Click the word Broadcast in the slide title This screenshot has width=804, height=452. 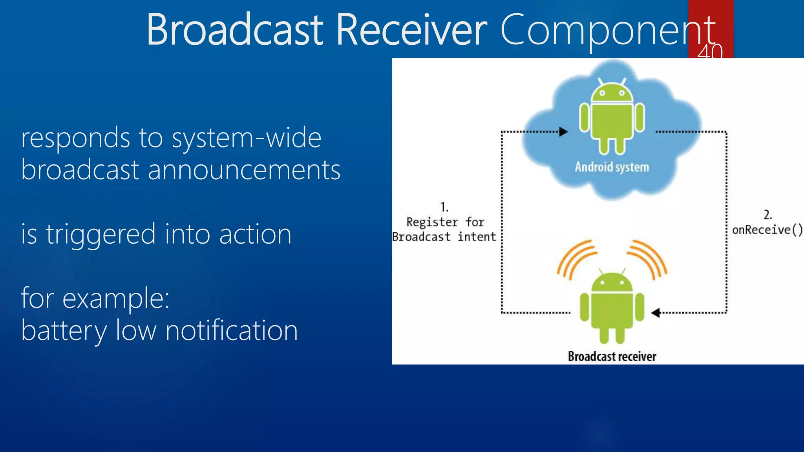pyautogui.click(x=235, y=30)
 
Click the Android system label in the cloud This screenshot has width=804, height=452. pyautogui.click(x=612, y=167)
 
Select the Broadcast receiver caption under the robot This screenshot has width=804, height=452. pyautogui.click(x=612, y=356)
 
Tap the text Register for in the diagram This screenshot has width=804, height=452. pyautogui.click(x=445, y=222)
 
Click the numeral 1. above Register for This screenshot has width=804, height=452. pyautogui.click(x=444, y=207)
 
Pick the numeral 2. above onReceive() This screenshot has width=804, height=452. pyautogui.click(x=767, y=215)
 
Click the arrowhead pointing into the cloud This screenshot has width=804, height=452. pyautogui.click(x=563, y=132)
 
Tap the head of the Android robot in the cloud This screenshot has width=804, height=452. pyautogui.click(x=612, y=91)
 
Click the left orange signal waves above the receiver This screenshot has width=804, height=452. pyautogui.click(x=576, y=259)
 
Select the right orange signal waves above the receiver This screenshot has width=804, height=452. pyautogui.click(x=648, y=259)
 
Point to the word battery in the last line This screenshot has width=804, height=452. pyautogui.click(x=64, y=330)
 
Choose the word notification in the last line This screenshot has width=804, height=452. pyautogui.click(x=232, y=330)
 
